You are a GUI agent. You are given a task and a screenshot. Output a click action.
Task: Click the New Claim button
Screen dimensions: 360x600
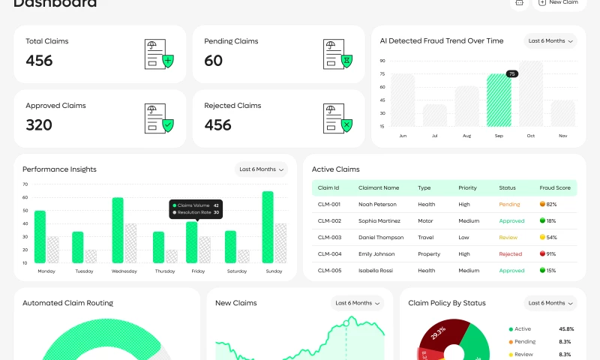(559, 3)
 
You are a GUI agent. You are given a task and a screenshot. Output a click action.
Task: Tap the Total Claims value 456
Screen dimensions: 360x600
(39, 61)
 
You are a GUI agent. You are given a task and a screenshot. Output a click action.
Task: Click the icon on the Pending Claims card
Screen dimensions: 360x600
(337, 54)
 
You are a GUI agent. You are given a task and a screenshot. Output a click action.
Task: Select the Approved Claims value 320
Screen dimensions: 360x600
(39, 125)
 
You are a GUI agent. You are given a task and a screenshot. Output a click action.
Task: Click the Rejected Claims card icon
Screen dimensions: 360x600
(337, 118)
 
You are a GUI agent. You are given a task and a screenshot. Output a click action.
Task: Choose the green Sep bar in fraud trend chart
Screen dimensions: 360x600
(499, 100)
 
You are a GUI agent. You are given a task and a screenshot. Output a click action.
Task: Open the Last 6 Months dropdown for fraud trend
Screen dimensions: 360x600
(550, 41)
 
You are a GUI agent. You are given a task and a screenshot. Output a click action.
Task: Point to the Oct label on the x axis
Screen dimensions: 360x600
(530, 136)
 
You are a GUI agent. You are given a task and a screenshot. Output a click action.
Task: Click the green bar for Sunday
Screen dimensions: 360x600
(268, 227)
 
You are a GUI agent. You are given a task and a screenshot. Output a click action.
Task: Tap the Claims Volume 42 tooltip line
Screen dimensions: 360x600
(196, 205)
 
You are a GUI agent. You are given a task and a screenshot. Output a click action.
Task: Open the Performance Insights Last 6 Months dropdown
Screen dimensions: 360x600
(262, 169)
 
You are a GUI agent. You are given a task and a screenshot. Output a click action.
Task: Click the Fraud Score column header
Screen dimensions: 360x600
(554, 187)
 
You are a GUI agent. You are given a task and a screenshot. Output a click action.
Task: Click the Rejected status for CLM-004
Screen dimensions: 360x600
(510, 254)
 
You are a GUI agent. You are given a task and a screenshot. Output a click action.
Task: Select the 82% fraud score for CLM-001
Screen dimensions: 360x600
(551, 204)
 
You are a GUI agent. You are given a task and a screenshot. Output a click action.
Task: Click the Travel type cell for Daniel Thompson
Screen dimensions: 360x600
(425, 237)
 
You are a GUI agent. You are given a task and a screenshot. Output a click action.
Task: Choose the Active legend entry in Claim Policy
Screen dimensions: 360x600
(523, 329)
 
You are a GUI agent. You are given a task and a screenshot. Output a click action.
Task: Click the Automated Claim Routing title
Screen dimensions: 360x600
(67, 303)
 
